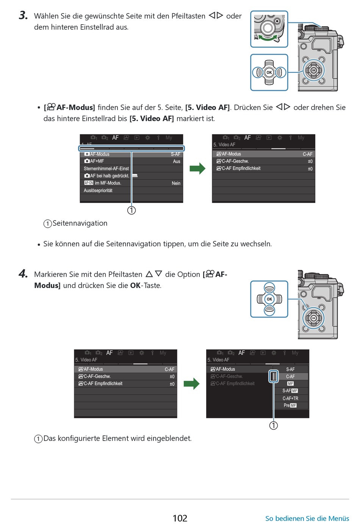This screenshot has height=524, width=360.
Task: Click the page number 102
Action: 180,518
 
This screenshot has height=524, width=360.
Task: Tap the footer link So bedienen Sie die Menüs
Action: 307,518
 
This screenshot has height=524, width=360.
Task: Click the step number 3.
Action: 23,16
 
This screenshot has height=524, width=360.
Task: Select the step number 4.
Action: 23,274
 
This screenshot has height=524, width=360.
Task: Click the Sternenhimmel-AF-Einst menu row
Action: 106,169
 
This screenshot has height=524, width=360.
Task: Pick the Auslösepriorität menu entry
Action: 98,191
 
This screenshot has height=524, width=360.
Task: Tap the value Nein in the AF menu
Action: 176,183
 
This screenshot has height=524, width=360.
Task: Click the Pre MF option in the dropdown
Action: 290,405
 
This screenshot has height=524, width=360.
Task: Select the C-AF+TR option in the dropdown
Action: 290,398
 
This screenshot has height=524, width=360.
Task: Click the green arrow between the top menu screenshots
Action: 197,169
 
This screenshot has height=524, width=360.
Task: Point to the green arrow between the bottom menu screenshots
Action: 191,384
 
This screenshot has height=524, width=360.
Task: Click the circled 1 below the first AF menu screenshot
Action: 131,210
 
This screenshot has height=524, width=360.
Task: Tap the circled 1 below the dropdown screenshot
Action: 273,425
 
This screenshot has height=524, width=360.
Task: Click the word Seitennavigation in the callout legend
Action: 80,223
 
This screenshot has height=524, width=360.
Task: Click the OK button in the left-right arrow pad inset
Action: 269,72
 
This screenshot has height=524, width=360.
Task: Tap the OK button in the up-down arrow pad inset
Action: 269,299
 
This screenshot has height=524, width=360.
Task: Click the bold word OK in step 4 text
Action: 135,285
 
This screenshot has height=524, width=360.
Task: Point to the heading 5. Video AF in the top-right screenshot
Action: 224,145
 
